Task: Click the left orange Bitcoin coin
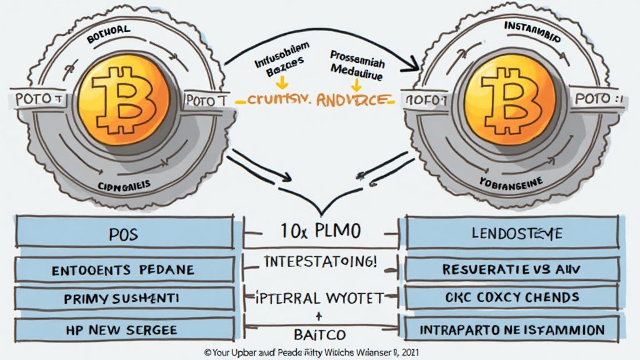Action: [x=125, y=99]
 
